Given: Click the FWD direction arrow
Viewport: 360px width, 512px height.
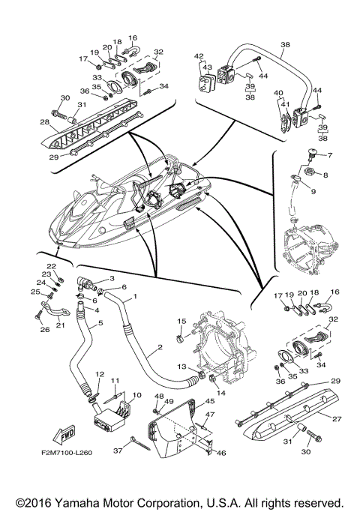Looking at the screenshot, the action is [x=64, y=436].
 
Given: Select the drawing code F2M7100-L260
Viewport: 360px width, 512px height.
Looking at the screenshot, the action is [x=67, y=453].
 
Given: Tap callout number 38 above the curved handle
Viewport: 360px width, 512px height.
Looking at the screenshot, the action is [x=285, y=45].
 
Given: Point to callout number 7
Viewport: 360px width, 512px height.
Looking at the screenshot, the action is [x=329, y=155].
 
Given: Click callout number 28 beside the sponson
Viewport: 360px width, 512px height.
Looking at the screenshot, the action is [x=45, y=122].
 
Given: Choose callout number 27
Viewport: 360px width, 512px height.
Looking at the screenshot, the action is [x=337, y=419].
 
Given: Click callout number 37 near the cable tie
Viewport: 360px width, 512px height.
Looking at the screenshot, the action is [x=118, y=451].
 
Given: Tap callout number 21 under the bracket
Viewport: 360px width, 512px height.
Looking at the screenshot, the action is [x=60, y=325].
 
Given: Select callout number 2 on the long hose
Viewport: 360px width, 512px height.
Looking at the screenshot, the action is [x=160, y=347].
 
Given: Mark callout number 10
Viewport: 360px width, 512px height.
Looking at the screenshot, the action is [x=137, y=395].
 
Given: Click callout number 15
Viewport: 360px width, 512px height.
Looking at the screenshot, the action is [x=181, y=321].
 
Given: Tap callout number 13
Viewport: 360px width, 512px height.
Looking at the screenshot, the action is [x=181, y=367].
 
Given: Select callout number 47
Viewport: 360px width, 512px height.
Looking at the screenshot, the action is [x=210, y=415].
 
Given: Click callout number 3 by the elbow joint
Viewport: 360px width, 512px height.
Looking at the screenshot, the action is [x=112, y=278].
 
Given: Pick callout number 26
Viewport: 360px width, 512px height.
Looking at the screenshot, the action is [x=45, y=330].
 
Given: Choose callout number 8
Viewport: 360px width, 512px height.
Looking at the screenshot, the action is [x=325, y=175].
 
